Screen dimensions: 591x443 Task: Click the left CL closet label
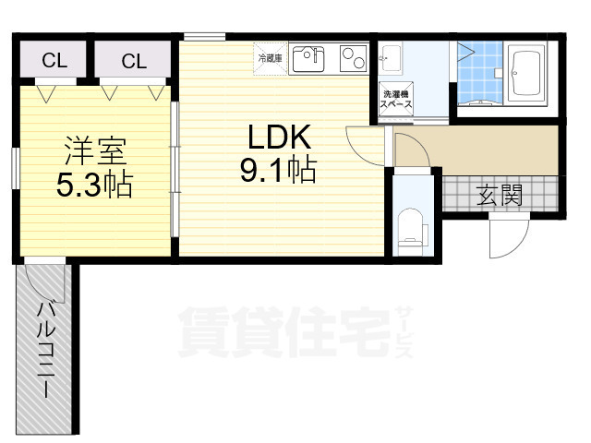pyautogui.click(x=54, y=60)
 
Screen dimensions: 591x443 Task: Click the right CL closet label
pyautogui.click(x=134, y=61)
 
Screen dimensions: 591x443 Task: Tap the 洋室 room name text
pyautogui.click(x=95, y=150)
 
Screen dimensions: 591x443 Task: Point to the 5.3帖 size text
pyautogui.click(x=94, y=184)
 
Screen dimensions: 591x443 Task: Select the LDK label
pyautogui.click(x=279, y=137)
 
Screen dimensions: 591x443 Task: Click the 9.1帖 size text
pyautogui.click(x=278, y=170)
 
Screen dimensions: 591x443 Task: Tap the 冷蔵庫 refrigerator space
pyautogui.click(x=271, y=59)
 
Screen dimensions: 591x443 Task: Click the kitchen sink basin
pyautogui.click(x=308, y=59)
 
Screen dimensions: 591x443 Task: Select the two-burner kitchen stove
pyautogui.click(x=353, y=58)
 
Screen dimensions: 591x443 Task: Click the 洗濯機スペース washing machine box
pyautogui.click(x=396, y=99)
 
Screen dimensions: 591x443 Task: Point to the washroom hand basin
pyautogui.click(x=390, y=58)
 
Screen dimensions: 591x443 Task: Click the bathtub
pyautogui.click(x=526, y=73)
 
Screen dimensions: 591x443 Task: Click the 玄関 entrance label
pyautogui.click(x=499, y=195)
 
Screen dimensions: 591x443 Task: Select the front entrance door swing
pyautogui.click(x=509, y=236)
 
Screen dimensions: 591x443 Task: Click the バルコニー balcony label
pyautogui.click(x=44, y=349)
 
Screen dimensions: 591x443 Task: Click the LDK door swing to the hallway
pyautogui.click(x=365, y=146)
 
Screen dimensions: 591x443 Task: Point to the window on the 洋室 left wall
pyautogui.click(x=16, y=168)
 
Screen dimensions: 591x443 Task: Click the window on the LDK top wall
pyautogui.click(x=205, y=37)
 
